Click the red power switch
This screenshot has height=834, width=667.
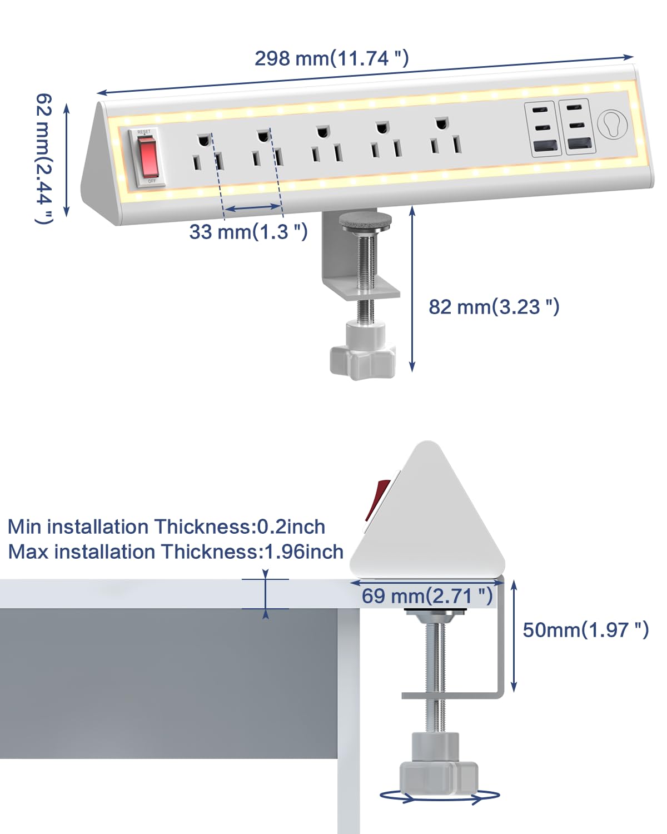coord(147,156)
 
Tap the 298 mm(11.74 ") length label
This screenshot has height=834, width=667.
coord(332,58)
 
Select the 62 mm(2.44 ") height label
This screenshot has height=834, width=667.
coord(44,158)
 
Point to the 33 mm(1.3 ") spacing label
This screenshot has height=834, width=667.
coord(248,231)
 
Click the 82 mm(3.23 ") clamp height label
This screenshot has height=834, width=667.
coord(494,306)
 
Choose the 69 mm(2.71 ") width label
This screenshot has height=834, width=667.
coord(427,596)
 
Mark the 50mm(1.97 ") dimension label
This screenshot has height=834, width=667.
coord(586,629)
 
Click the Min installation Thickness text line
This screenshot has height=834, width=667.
coord(166,527)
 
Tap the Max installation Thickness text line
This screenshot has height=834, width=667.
coord(176,552)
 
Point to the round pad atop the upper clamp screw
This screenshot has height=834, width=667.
coord(365,220)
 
